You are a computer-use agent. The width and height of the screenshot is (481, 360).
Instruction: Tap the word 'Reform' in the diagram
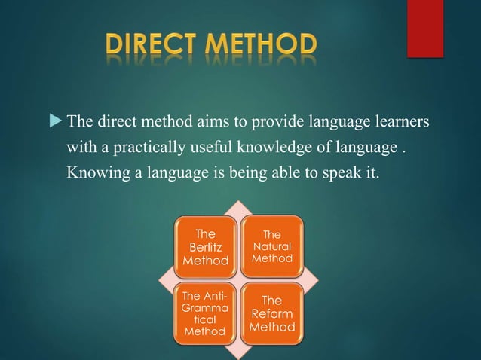pyautogui.click(x=273, y=313)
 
